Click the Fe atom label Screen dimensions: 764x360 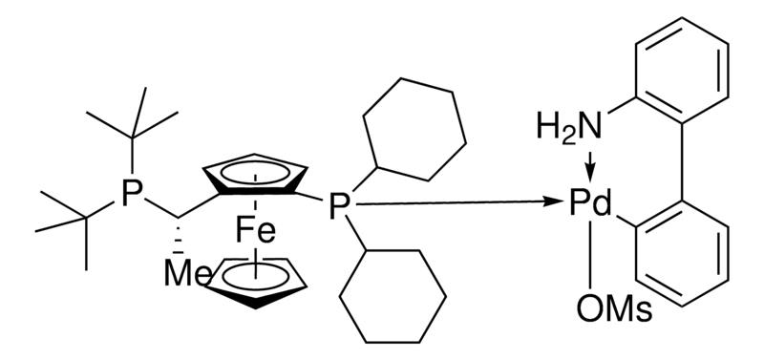pos(255,232)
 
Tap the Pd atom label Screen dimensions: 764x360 pos(590,203)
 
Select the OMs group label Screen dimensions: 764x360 pos(614,308)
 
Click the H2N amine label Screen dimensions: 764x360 pos(569,127)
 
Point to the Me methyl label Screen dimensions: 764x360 pos(187,274)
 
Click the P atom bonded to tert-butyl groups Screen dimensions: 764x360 pos(132,195)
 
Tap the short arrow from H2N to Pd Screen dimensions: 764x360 pos(590,166)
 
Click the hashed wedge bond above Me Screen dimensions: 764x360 pos(179,237)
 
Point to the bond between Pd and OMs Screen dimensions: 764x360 pos(590,255)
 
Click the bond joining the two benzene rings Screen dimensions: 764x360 pos(682,161)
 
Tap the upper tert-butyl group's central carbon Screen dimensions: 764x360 pos(132,138)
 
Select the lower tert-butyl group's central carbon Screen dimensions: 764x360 pos(86,218)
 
